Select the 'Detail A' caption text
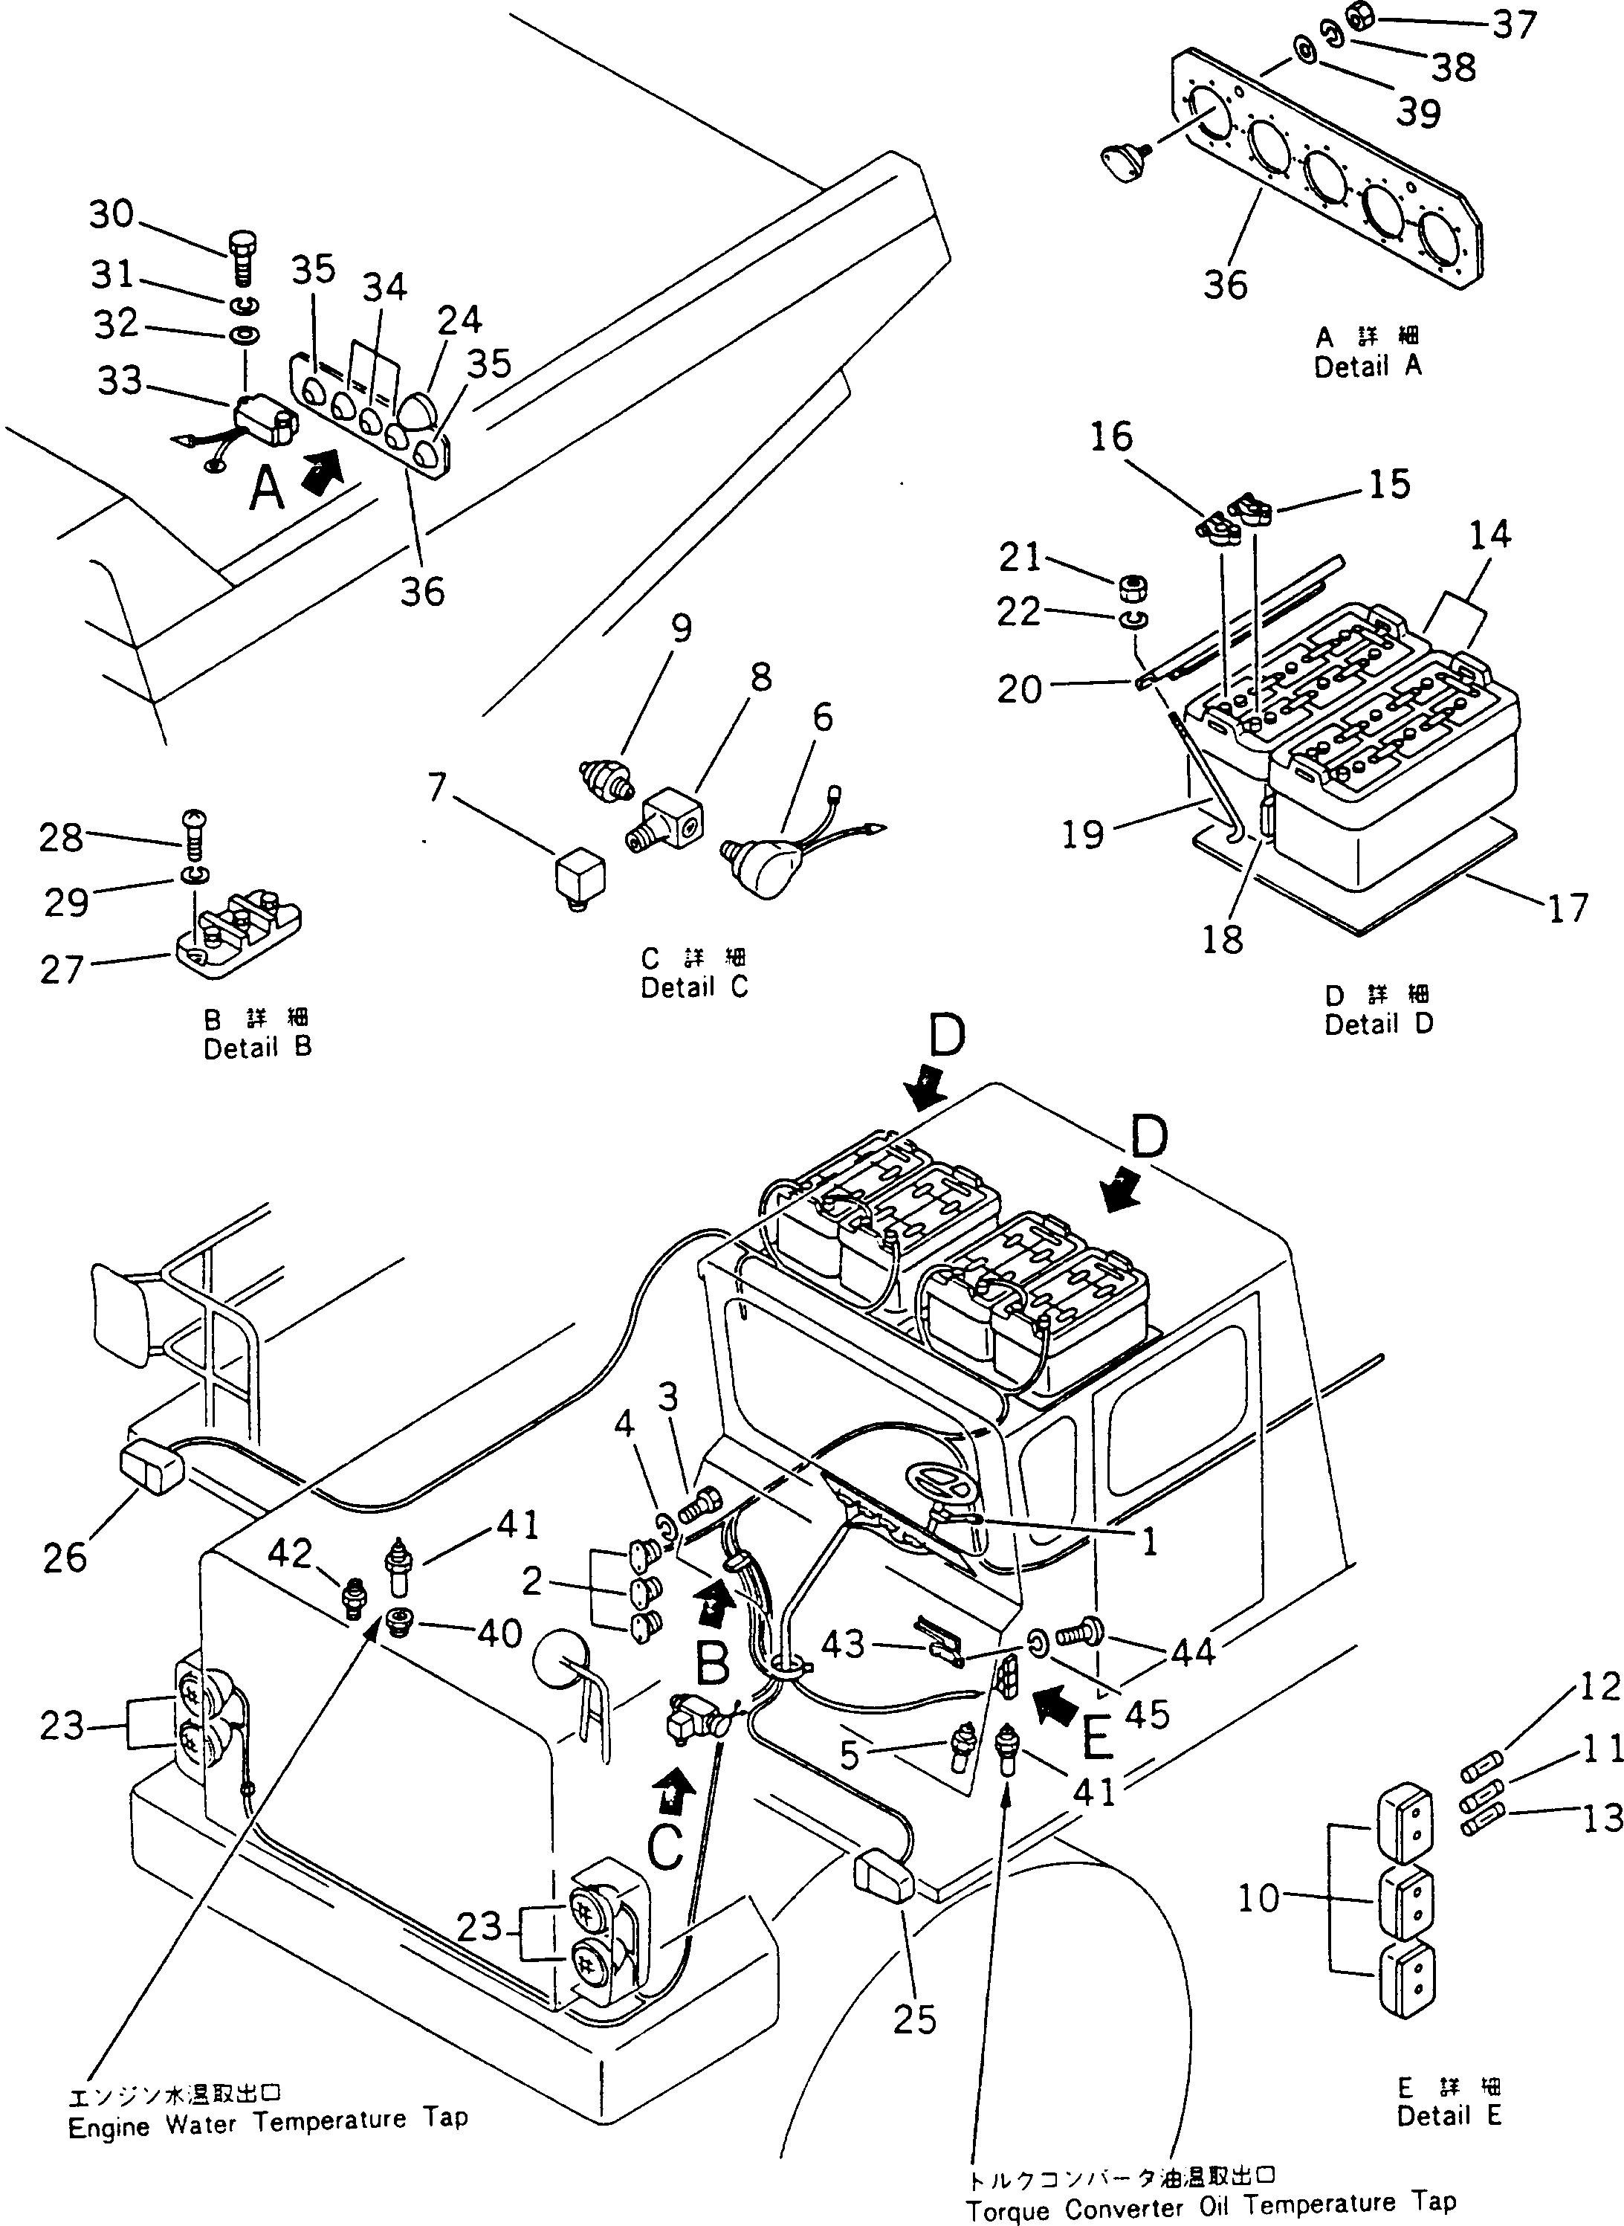[x=1368, y=367]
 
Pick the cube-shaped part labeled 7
[x=580, y=871]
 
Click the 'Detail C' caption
[x=694, y=987]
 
